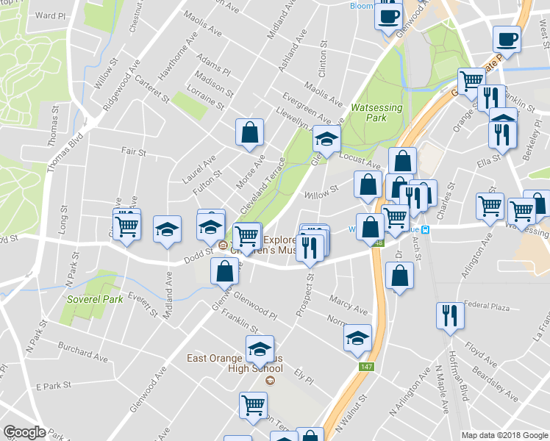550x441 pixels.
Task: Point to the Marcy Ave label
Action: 348,304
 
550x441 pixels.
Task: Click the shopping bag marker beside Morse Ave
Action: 250,132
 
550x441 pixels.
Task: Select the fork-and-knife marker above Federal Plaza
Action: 449,316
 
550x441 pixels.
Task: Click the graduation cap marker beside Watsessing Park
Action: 326,137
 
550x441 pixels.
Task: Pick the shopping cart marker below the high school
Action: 253,404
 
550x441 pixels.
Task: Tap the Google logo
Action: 24,431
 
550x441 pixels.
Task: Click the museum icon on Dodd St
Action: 223,247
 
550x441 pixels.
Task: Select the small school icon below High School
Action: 269,380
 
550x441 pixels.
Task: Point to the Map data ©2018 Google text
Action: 504,435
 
